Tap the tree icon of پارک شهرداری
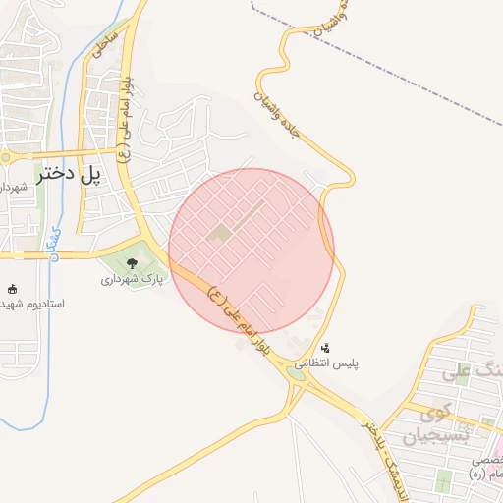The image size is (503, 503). [x=133, y=262]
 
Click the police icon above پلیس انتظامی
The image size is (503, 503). [x=326, y=347]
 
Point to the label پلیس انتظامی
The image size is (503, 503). [x=329, y=363]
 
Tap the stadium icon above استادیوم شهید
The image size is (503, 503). [x=12, y=289]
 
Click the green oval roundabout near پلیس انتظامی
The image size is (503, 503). [x=297, y=371]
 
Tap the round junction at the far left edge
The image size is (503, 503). [x=4, y=157]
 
